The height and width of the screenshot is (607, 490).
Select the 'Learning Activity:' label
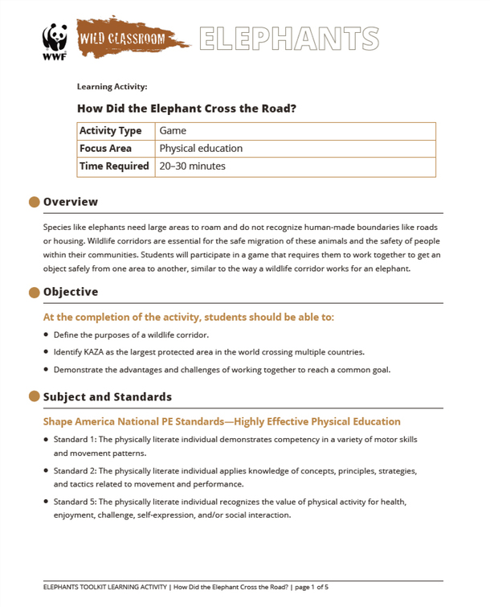pyautogui.click(x=112, y=86)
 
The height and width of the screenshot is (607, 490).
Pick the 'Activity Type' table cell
pyautogui.click(x=110, y=131)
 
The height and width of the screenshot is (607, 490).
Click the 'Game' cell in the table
pyautogui.click(x=173, y=131)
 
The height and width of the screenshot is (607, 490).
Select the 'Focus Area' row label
pyautogui.click(x=105, y=149)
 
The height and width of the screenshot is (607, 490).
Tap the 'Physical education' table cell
pyautogui.click(x=201, y=149)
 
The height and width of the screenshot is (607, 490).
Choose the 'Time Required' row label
pyautogui.click(x=114, y=166)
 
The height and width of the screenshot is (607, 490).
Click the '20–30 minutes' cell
pyautogui.click(x=193, y=166)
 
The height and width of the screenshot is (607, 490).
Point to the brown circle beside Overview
pyautogui.click(x=34, y=202)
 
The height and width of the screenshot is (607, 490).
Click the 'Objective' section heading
pyautogui.click(x=71, y=292)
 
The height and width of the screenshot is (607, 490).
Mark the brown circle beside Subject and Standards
pyautogui.click(x=34, y=396)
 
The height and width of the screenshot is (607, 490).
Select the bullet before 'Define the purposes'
pyautogui.click(x=46, y=334)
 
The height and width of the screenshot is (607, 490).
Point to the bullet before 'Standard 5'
pyautogui.click(x=46, y=502)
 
